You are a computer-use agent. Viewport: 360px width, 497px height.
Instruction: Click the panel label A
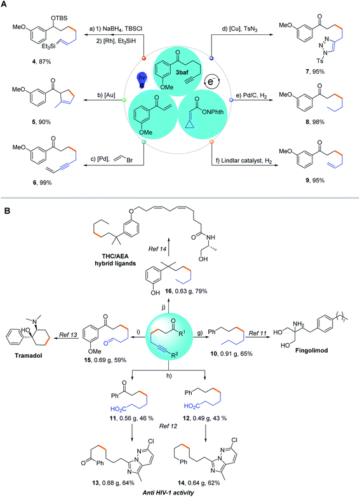click(6, 5)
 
